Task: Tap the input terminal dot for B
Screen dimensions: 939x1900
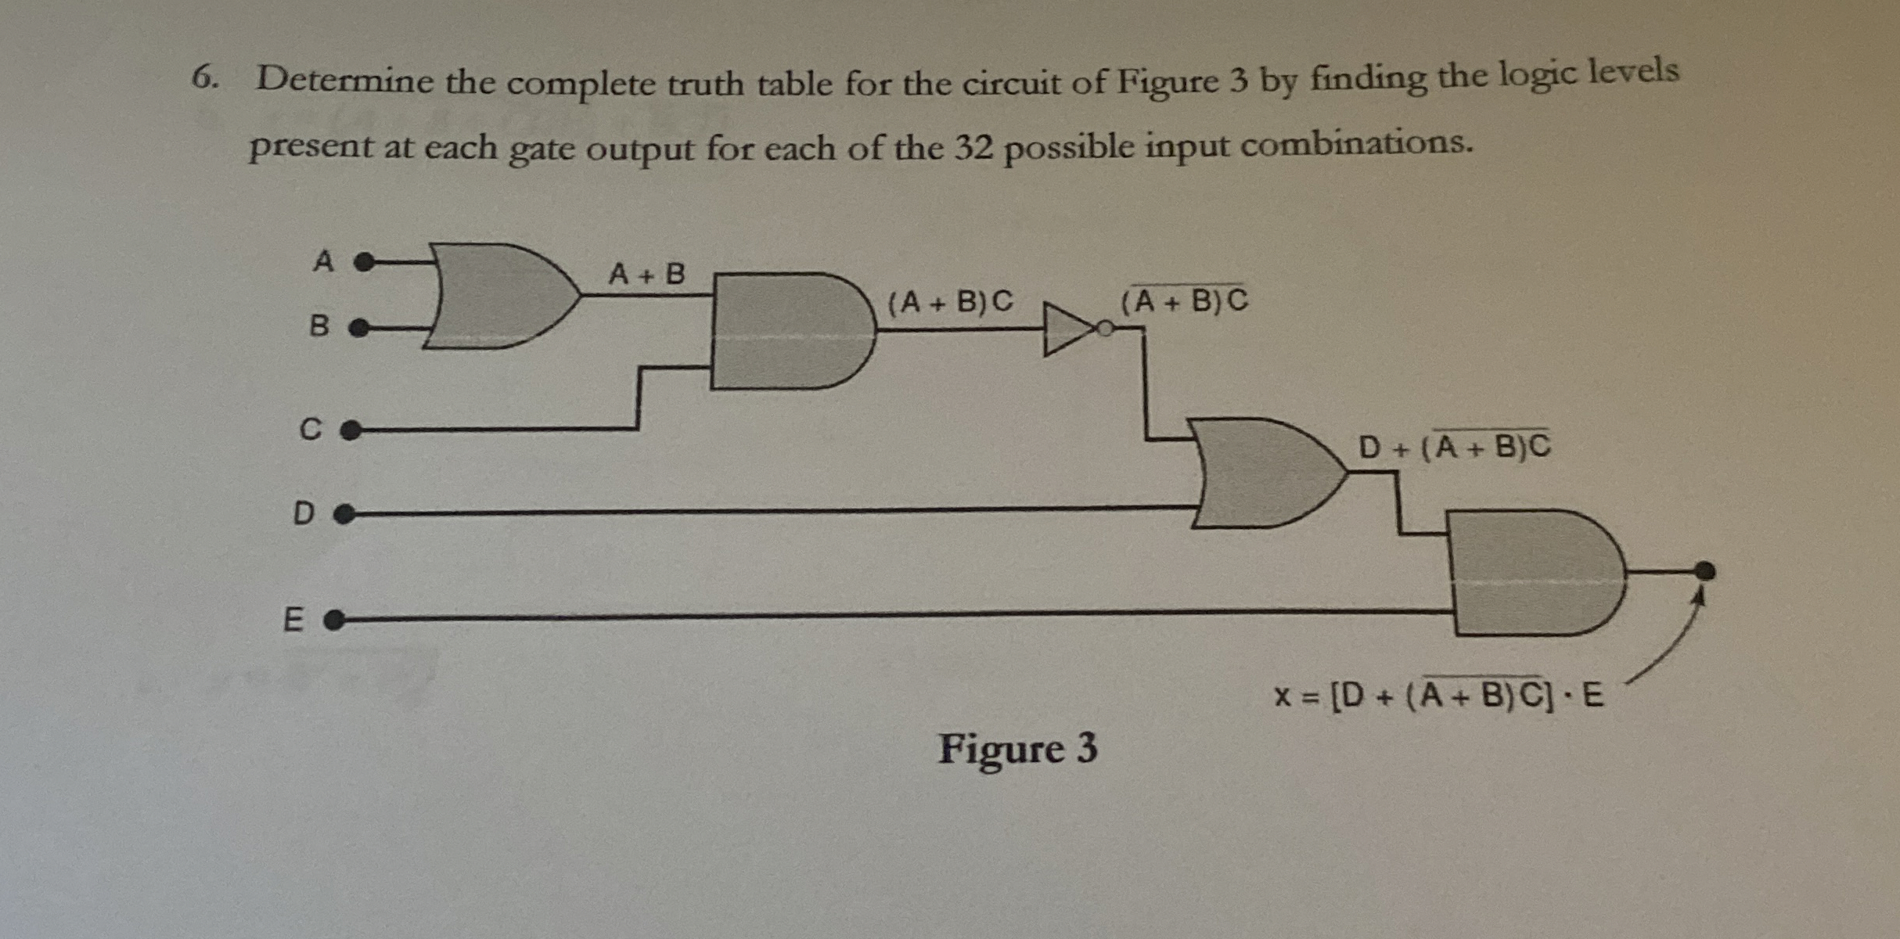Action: (358, 327)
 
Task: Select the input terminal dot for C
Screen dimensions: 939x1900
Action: (351, 430)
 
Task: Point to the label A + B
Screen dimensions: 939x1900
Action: (646, 275)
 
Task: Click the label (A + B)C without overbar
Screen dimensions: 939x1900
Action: (950, 301)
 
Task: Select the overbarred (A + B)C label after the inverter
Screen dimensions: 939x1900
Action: (1184, 300)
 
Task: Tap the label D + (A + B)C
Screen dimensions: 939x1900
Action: (1454, 447)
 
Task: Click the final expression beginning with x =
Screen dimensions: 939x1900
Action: (1438, 694)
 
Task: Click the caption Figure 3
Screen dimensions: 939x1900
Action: (1017, 748)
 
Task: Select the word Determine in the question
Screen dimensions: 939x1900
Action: (344, 80)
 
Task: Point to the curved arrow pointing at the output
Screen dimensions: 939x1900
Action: (1667, 649)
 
